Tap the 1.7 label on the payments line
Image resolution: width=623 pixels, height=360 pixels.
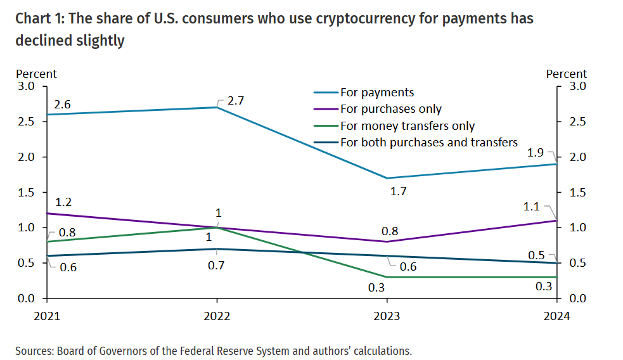coord(399,191)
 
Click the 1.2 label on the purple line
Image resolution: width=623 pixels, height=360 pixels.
coord(62,202)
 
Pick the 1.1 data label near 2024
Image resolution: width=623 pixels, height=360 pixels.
coord(532,206)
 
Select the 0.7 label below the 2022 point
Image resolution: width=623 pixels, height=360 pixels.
coord(217,266)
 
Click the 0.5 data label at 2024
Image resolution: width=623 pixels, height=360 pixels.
coord(536,255)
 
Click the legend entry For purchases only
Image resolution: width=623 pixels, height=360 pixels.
coord(391,110)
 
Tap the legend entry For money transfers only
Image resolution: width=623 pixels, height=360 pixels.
coord(408,126)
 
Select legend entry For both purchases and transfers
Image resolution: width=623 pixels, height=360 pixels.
coord(429,142)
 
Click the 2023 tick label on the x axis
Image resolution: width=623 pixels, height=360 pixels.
coord(387,316)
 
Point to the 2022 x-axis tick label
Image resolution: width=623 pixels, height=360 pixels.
coord(217,316)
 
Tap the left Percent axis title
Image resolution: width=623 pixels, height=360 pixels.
coord(36,74)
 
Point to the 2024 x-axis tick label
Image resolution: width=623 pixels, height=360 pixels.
coord(556,316)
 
